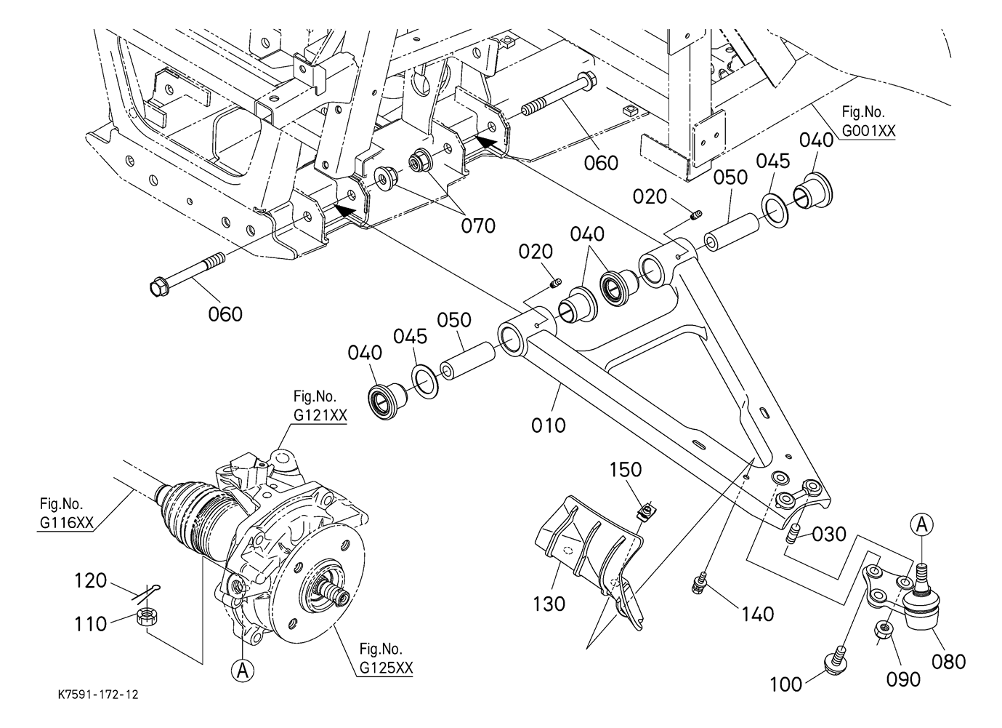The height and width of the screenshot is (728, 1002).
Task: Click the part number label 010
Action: tap(549, 425)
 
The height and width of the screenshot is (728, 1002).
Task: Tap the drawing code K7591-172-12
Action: tap(98, 695)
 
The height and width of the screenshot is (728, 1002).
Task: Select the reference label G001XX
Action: tap(869, 130)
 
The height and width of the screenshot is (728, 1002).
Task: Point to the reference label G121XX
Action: tap(320, 415)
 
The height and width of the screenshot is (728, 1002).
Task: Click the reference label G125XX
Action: tap(387, 668)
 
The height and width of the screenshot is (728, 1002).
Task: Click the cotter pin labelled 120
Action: tap(148, 593)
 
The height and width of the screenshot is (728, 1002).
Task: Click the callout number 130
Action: tap(549, 604)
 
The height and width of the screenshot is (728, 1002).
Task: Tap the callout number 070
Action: tap(478, 226)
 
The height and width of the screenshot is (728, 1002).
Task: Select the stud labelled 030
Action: tap(793, 534)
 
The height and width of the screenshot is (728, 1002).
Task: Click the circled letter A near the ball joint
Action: tap(922, 525)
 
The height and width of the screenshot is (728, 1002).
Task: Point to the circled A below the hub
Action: tap(243, 671)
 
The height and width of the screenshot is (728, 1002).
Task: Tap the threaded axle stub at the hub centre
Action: tap(336, 591)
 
